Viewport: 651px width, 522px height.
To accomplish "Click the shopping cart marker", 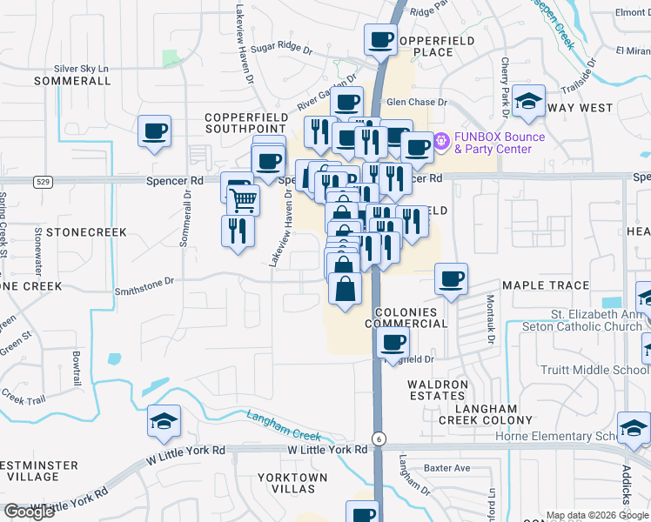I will [243, 200].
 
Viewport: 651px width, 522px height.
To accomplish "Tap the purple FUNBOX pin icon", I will [441, 138].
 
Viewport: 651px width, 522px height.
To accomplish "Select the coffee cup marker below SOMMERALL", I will [155, 132].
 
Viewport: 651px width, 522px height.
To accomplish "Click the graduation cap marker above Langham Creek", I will [164, 422].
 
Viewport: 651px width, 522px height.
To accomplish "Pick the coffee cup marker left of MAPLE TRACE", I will [451, 280].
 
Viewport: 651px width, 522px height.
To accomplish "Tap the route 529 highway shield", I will [42, 181].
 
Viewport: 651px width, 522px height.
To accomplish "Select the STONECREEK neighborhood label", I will [86, 233].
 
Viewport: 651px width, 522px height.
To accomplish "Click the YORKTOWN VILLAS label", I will [292, 483].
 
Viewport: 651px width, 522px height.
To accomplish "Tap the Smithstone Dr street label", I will [144, 284].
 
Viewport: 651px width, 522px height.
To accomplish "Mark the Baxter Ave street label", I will [449, 468].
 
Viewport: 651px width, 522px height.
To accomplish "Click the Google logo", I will [29, 512].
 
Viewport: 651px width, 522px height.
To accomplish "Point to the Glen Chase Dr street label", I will [417, 103].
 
